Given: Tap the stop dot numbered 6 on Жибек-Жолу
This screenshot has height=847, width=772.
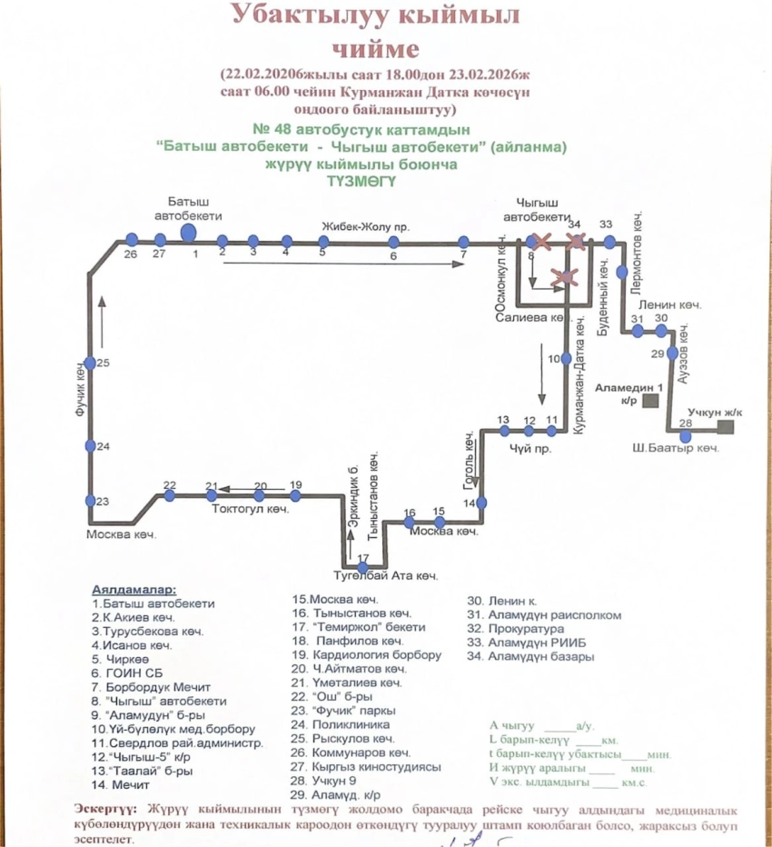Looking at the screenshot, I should [393, 242].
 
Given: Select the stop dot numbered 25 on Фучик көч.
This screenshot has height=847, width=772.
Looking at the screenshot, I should [90, 363].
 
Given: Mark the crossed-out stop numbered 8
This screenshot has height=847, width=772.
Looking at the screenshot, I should [541, 242].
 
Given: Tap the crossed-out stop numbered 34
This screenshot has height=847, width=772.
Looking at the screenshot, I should [574, 242].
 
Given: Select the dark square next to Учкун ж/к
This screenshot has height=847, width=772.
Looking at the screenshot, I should [724, 426].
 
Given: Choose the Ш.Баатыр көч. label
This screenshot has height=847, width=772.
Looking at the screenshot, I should [677, 449].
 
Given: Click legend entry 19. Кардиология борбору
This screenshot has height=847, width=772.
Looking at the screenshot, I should [367, 654].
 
